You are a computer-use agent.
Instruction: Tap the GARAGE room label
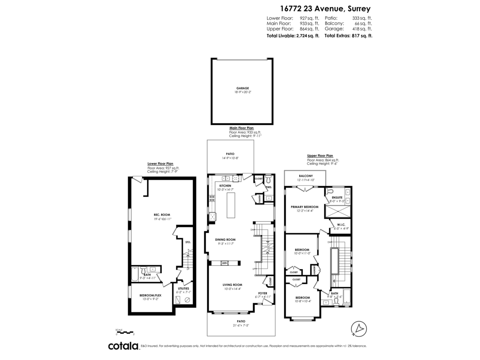242,88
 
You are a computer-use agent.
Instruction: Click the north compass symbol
358,328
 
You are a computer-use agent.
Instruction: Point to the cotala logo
123,346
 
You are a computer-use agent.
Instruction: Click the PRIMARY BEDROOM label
304,207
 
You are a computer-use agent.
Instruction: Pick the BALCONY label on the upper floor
306,176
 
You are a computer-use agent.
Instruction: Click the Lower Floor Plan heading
160,164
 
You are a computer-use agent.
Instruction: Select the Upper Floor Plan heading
320,156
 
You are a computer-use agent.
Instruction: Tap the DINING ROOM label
225,240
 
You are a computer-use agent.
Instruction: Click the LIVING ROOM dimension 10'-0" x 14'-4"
232,289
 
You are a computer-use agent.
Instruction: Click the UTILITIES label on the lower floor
183,288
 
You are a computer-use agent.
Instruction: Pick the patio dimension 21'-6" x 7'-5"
241,325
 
